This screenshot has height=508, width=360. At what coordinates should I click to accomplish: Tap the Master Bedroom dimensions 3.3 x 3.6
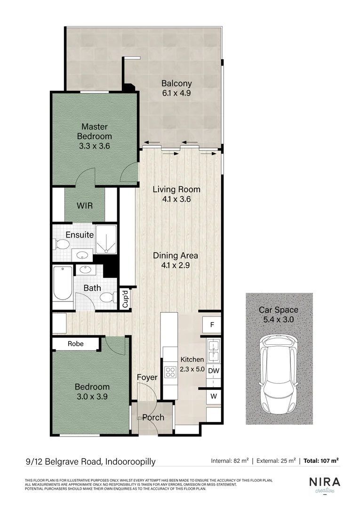point(94,146)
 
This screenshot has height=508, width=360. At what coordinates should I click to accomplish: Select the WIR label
point(84,206)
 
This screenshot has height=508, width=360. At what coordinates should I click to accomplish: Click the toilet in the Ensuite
point(61,244)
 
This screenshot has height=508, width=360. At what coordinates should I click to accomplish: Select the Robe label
point(75,344)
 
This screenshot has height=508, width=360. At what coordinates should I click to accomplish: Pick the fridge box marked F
point(212,325)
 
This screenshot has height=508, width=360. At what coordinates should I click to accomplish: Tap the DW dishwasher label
point(214,371)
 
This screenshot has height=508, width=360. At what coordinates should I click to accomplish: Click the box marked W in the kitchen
point(214,396)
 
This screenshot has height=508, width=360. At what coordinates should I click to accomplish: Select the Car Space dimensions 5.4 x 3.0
point(279,319)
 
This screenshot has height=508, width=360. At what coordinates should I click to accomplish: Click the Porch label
point(153,417)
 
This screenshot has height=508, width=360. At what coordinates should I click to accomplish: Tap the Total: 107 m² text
point(321,461)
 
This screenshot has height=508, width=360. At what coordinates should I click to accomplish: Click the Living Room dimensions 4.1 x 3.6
point(176,199)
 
